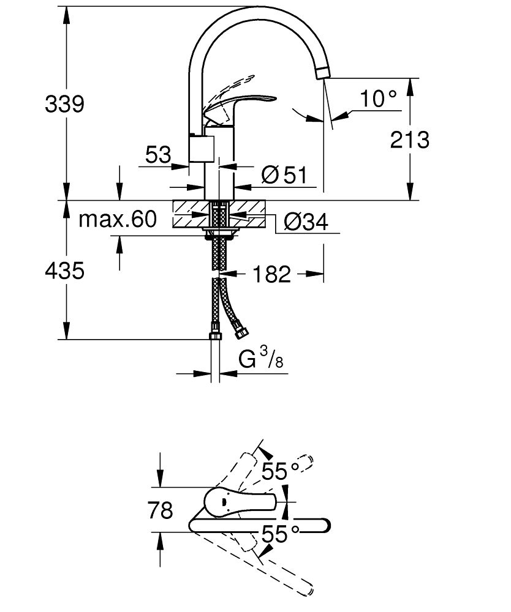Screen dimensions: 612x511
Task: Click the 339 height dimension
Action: coord(64,104)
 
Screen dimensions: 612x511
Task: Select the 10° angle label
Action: coord(378,97)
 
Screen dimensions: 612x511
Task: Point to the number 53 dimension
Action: coord(158,154)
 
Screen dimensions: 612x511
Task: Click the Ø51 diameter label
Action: coord(283,176)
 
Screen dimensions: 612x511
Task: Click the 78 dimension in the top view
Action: coord(160,509)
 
